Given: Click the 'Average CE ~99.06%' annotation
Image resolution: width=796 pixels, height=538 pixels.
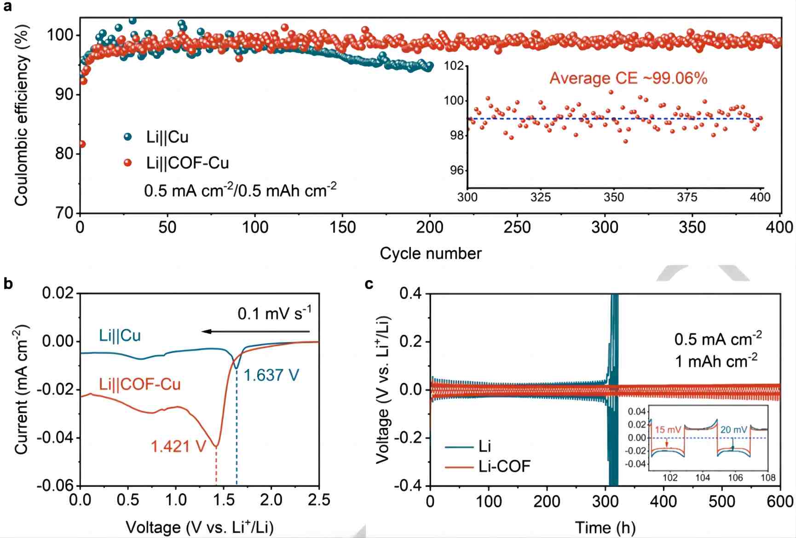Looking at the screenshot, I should [x=628, y=78].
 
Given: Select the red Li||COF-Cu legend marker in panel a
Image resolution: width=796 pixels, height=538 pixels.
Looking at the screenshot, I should [x=128, y=163].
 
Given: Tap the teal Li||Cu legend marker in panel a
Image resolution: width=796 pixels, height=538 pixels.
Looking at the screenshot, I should [x=128, y=137].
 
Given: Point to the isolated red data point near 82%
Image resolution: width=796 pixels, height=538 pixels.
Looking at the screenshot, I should [x=82, y=144].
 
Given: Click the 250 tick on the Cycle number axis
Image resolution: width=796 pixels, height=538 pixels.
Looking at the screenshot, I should [x=517, y=227].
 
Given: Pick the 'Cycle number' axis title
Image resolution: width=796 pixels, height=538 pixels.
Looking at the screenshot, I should [x=430, y=253].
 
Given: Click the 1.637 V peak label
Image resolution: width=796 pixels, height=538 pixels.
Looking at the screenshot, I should [x=271, y=375].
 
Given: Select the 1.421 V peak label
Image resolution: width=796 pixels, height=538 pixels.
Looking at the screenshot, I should [x=178, y=446].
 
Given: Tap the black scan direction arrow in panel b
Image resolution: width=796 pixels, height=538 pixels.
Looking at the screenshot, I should [x=255, y=332].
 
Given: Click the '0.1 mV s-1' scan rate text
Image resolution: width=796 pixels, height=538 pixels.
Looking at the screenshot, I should [x=275, y=314].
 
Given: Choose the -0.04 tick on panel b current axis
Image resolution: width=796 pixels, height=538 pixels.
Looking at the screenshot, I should [x=56, y=437].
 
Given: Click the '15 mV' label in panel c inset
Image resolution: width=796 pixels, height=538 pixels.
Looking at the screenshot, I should [x=668, y=430].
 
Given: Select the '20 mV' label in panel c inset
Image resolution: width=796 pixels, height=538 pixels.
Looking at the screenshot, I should [x=733, y=430].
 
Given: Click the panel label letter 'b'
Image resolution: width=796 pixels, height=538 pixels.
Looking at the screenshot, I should [x=8, y=284].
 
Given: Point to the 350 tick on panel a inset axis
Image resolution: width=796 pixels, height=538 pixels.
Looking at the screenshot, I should [x=613, y=198].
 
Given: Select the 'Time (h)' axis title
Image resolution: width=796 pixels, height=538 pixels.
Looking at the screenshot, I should [x=605, y=527].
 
